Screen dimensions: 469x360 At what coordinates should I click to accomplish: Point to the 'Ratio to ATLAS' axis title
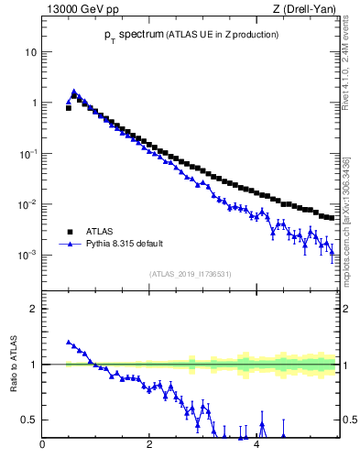click(13, 365)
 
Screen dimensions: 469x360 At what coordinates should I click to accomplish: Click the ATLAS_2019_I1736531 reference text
click(191, 274)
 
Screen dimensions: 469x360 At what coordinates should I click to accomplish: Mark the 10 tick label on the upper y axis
click(30, 52)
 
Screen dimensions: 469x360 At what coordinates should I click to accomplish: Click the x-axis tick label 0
click(42, 446)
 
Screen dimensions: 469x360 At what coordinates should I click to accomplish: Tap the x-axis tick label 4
click(256, 446)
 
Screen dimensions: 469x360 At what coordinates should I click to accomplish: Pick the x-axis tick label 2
click(148, 446)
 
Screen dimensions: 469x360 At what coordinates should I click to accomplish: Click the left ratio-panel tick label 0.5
click(30, 420)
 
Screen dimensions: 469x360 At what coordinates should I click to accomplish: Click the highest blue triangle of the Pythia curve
click(73, 92)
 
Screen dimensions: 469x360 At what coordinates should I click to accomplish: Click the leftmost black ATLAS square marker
click(69, 108)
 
